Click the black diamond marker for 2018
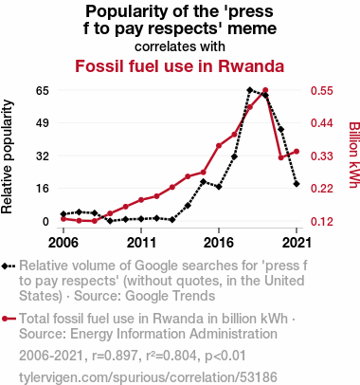coord(250,90)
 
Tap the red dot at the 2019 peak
coord(265,90)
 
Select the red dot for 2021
coord(297,152)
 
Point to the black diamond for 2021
coord(297,184)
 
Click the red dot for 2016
coord(219,146)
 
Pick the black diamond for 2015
coord(203,181)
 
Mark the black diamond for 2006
coord(63,214)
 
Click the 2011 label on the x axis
coord(141,243)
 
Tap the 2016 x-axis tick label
coord(219,243)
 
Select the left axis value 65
coord(43,91)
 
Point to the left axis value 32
coord(43,156)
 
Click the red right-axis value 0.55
coord(321,91)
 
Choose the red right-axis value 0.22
coord(321,189)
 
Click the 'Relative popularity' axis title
coord(7,156)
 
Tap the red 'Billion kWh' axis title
coord(353,155)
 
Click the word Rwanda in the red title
coord(251,66)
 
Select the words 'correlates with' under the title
coord(180,46)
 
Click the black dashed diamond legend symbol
coord(9,266)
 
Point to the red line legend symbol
coord(9,319)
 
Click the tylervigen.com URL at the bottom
coord(148,377)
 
